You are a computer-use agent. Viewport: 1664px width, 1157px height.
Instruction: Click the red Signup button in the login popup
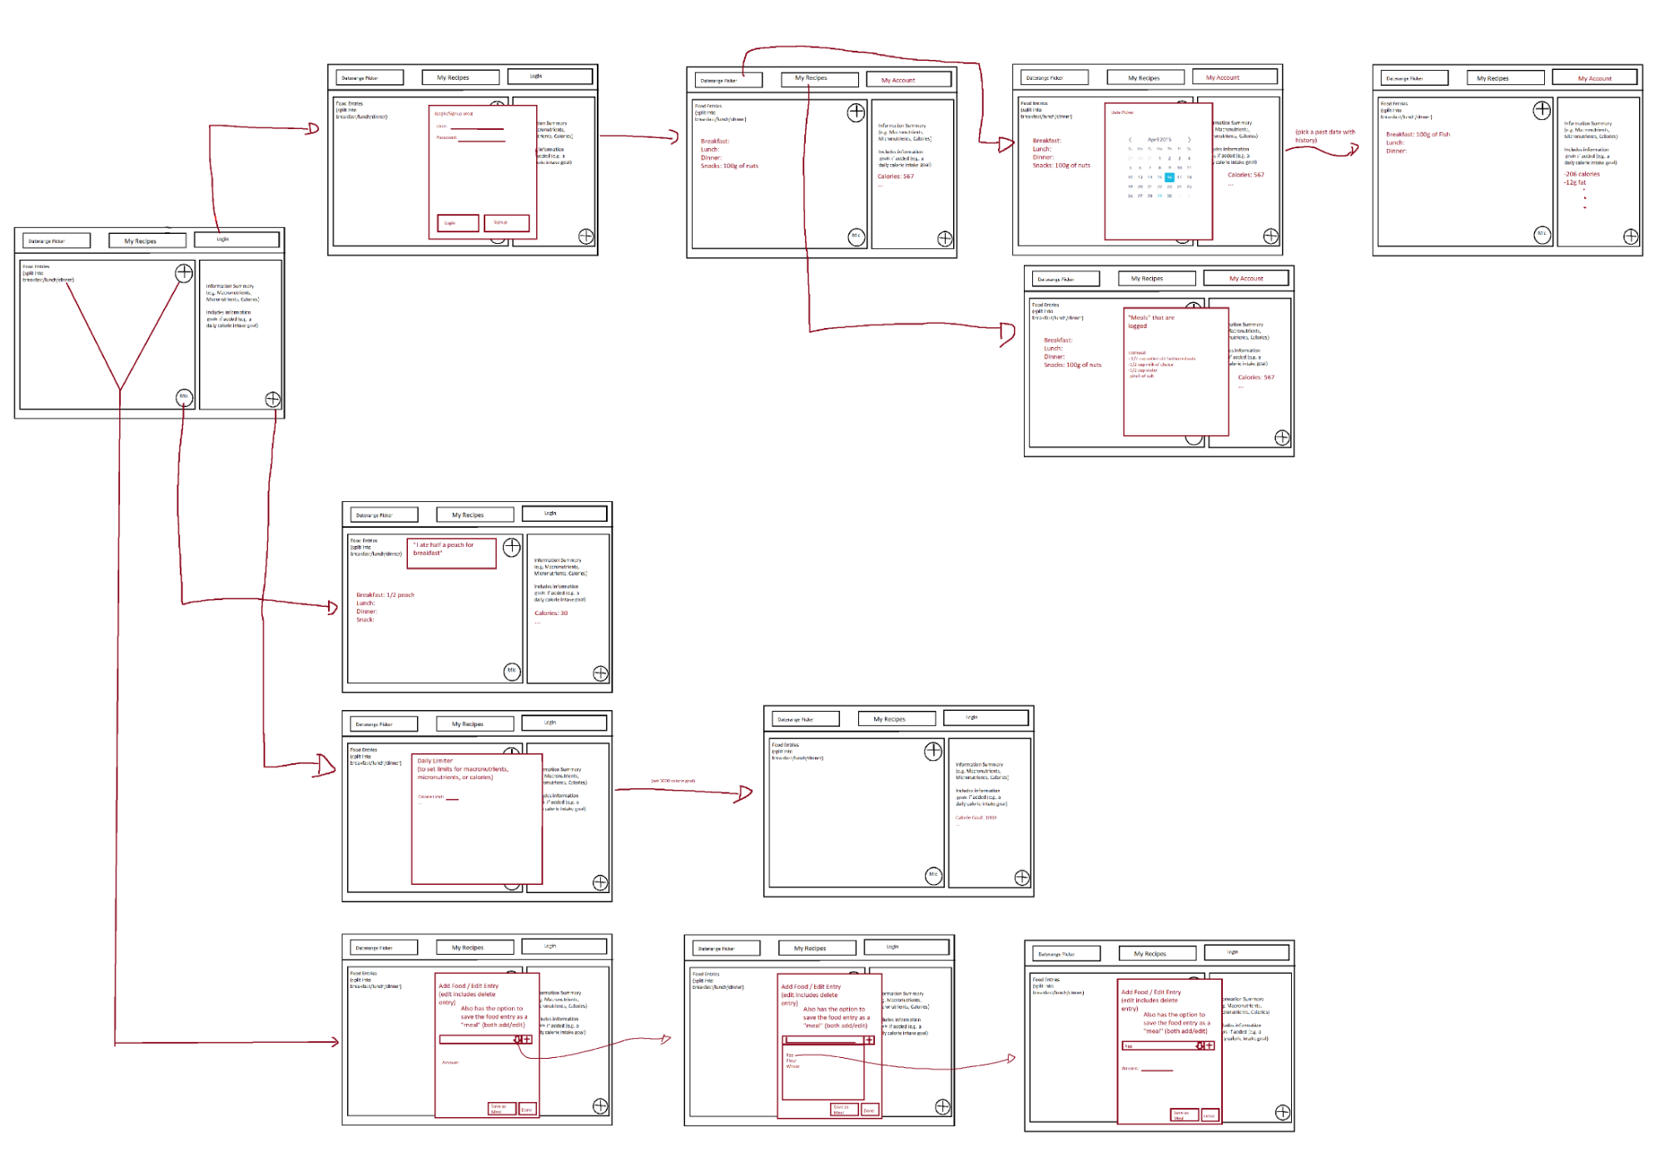click(x=506, y=223)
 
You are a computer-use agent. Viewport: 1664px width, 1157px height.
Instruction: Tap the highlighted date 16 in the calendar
click(x=1169, y=177)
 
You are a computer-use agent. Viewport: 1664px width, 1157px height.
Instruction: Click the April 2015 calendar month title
click(x=1159, y=140)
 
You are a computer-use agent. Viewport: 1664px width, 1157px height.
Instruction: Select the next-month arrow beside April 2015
click(x=1189, y=140)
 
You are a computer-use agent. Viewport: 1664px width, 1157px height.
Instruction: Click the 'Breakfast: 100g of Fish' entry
click(x=1418, y=134)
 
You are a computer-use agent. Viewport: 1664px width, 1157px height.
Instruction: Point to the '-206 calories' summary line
click(x=1582, y=174)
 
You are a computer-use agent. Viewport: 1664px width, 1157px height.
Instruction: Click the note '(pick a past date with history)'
click(x=1324, y=136)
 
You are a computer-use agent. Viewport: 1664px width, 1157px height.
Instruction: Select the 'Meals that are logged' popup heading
click(x=1151, y=321)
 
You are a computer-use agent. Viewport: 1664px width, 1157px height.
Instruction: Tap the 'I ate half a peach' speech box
click(x=451, y=552)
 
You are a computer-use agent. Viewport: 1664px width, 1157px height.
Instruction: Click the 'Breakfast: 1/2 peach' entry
click(x=385, y=595)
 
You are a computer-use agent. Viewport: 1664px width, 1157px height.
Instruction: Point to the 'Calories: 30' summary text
click(x=551, y=613)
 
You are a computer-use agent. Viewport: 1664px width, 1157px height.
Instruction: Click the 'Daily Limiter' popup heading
click(x=435, y=761)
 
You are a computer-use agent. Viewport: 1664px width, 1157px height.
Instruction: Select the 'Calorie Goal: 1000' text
click(x=976, y=817)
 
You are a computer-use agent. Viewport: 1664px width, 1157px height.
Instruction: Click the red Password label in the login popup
click(x=447, y=138)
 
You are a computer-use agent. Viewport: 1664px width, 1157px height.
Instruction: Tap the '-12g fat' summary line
click(x=1574, y=182)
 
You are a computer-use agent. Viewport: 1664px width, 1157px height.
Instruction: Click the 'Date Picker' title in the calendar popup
click(x=1122, y=112)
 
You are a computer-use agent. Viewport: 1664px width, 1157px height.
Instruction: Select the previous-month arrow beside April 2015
click(x=1130, y=140)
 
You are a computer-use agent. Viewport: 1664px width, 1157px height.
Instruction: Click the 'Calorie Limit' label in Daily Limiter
click(x=430, y=797)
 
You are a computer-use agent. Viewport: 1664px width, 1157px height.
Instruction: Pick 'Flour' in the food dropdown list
click(x=791, y=1060)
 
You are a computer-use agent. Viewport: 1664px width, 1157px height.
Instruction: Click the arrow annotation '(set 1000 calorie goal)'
click(x=673, y=781)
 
